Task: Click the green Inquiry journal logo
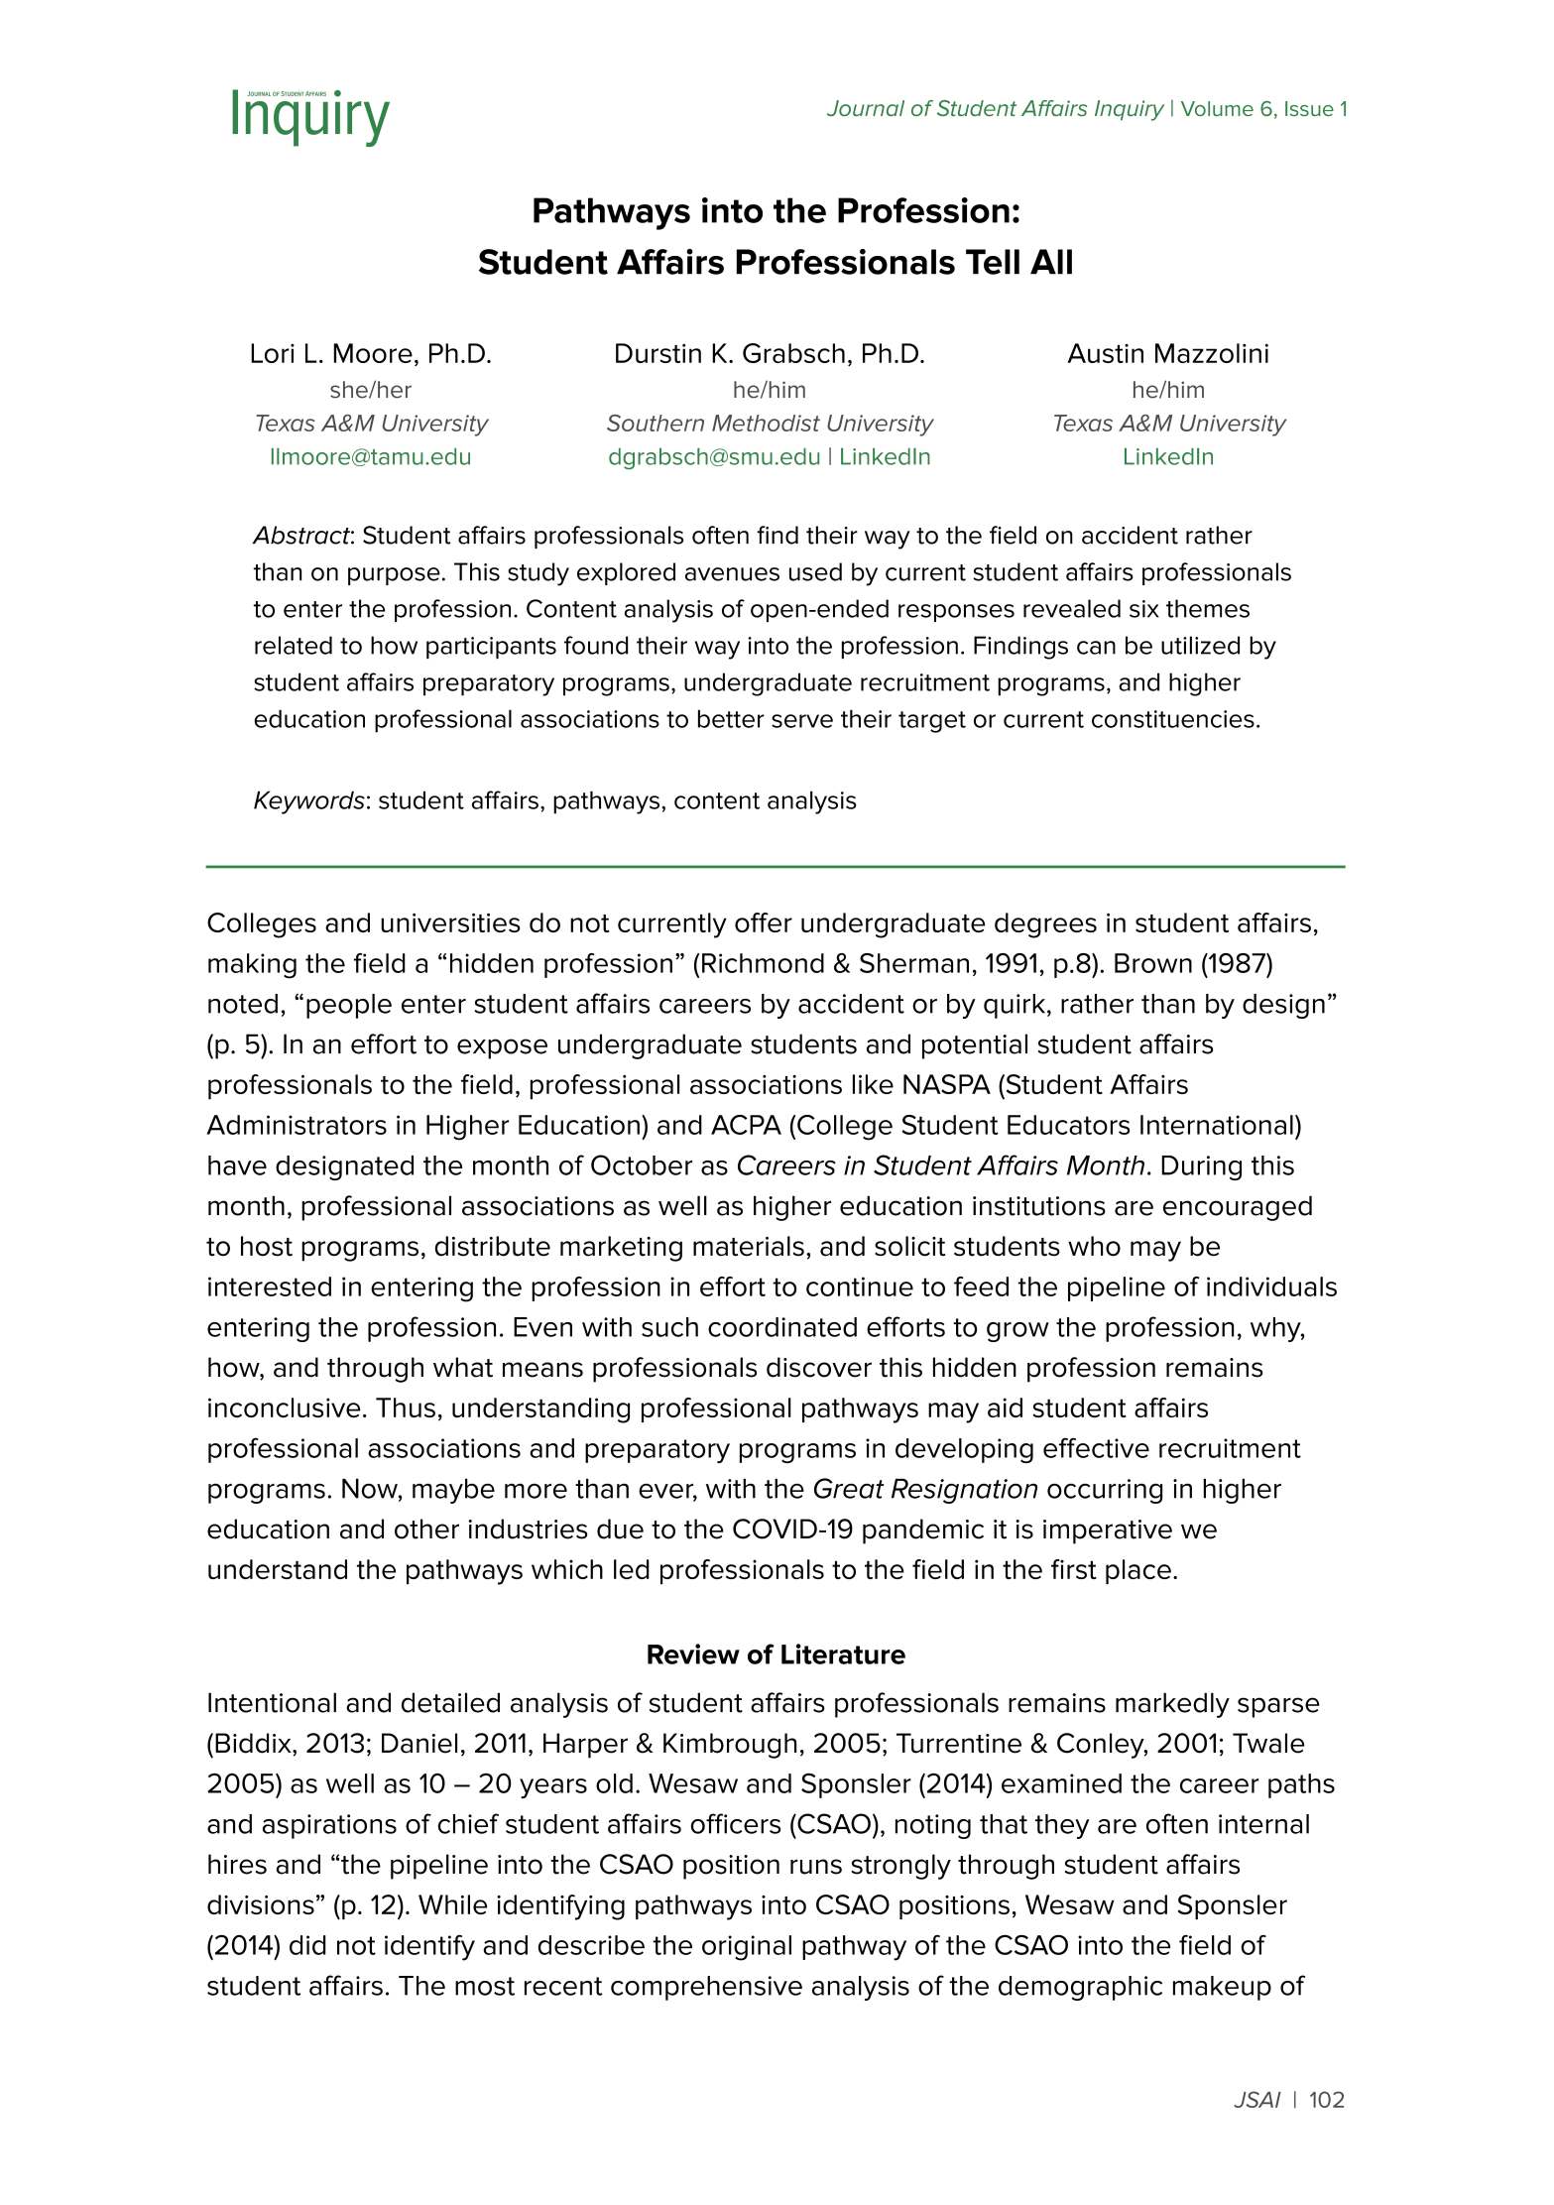[309, 116]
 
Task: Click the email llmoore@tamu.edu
[370, 457]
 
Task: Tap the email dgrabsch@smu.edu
[714, 457]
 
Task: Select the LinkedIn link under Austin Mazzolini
[1167, 457]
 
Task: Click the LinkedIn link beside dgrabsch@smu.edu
[885, 457]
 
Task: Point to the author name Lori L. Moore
[370, 354]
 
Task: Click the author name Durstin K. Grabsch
[769, 354]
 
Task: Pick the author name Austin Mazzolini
[1167, 354]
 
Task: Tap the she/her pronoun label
[370, 390]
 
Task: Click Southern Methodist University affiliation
[769, 424]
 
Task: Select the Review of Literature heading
[776, 1654]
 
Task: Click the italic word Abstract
[300, 536]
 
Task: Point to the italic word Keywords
[308, 800]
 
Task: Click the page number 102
[1326, 2100]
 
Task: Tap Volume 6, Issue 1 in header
[1263, 109]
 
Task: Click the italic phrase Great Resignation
[924, 1489]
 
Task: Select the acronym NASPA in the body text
[945, 1085]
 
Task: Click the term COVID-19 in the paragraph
[791, 1530]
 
